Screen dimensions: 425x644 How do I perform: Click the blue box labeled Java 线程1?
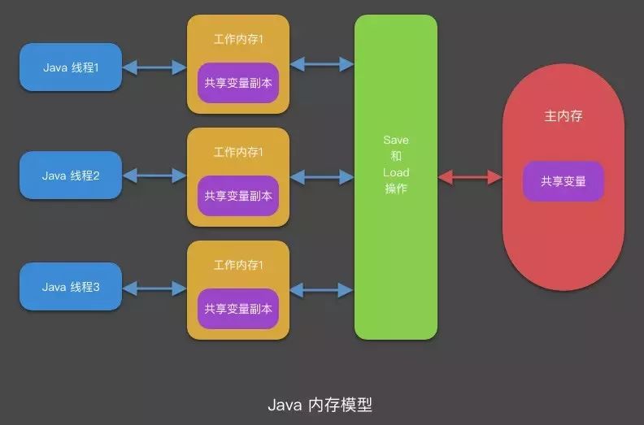71,67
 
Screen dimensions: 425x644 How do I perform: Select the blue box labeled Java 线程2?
71,175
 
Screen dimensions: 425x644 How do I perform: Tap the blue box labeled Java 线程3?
71,287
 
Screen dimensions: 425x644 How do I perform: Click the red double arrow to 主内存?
470,177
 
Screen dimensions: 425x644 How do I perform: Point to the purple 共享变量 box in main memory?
563,181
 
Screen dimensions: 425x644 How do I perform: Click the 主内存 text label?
563,116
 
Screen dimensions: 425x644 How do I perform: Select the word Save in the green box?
396,140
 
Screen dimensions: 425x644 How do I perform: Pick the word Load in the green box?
396,172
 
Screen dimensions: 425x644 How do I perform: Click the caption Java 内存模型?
320,404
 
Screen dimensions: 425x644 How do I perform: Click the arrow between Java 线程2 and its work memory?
154,175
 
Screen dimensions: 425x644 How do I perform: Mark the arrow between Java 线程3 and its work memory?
154,288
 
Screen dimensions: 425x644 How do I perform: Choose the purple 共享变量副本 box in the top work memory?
238,83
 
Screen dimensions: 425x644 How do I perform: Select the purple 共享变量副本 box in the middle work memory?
238,196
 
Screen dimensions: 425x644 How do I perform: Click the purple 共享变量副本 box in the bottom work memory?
238,309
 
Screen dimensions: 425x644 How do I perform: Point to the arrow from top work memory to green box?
322,63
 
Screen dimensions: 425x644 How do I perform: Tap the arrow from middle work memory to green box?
322,176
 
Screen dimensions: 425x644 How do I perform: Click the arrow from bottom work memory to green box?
322,288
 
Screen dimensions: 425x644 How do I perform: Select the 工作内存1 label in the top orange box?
238,39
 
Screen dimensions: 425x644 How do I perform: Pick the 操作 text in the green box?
396,189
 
